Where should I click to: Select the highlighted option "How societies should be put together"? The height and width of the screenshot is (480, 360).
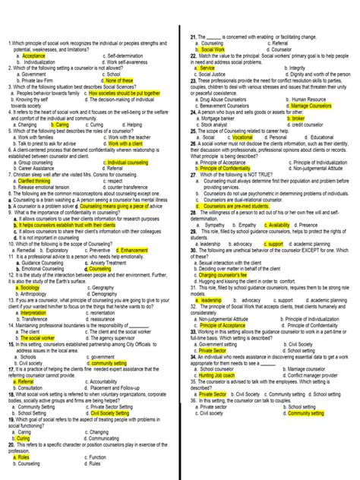coord(127,93)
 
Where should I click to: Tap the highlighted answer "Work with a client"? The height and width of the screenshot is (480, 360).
coord(127,143)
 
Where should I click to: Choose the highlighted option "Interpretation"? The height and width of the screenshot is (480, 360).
coord(33,312)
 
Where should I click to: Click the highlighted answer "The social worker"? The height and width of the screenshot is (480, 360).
coord(36,337)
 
